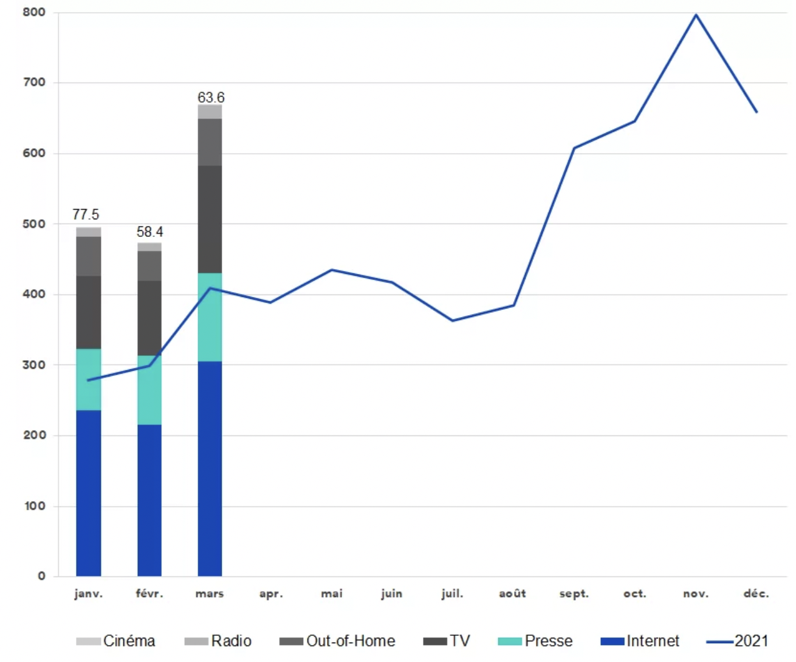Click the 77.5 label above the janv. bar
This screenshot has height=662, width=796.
[x=86, y=214]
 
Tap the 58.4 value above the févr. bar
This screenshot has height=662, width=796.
[x=149, y=232]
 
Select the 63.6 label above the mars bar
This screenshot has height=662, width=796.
[x=211, y=98]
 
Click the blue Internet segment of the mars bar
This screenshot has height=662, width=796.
[x=210, y=468]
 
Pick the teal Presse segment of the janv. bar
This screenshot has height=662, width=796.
[x=89, y=379]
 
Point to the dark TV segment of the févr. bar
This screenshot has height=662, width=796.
[x=149, y=318]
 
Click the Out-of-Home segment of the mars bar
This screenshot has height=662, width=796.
[x=210, y=142]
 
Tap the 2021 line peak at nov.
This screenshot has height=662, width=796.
[x=696, y=15]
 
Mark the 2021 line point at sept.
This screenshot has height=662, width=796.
[x=574, y=148]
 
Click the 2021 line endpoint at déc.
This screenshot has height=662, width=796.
[x=757, y=112]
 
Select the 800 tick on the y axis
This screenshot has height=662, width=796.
[x=34, y=12]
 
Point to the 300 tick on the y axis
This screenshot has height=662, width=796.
[x=34, y=365]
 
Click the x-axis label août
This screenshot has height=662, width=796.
[x=512, y=593]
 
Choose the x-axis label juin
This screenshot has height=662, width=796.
[x=391, y=593]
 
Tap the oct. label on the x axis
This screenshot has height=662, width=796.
[x=634, y=593]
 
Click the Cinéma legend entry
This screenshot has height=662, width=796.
[x=116, y=641]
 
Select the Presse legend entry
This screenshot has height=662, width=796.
[x=535, y=641]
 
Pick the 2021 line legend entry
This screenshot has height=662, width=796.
[x=738, y=641]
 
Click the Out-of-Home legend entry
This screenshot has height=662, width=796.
[x=337, y=641]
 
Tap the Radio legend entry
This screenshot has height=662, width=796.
[x=218, y=641]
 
